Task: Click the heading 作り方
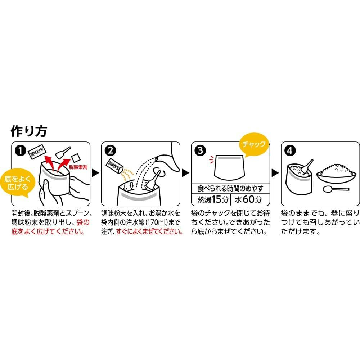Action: pos(29,131)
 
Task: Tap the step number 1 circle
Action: pos(20,150)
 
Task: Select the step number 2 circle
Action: pos(110,150)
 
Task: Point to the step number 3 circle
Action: pos(200,150)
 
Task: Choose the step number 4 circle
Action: pos(290,150)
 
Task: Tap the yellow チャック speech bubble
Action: pos(254,144)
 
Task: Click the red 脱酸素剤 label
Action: pos(78,167)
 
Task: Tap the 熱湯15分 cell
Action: pos(211,199)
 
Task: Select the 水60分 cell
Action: pos(249,199)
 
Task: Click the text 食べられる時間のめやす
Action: pos(230,189)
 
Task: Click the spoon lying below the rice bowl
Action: pos(336,189)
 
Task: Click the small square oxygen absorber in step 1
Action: pos(76,158)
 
